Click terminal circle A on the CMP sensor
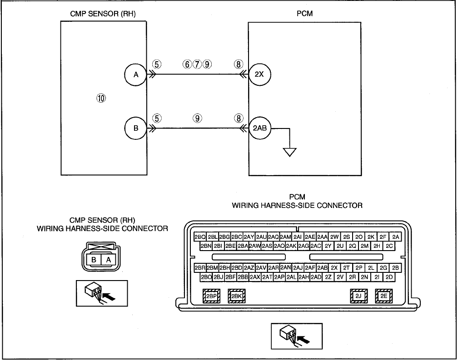[x=135, y=75]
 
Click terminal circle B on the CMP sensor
[x=135, y=128]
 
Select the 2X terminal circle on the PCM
[x=259, y=74]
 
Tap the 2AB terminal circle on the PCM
[x=260, y=128]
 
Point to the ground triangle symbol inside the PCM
[x=289, y=152]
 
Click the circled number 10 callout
[x=101, y=99]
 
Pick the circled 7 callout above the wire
[x=197, y=64]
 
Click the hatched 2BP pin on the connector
[x=211, y=296]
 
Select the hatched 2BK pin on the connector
[x=237, y=296]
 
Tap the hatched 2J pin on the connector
[x=358, y=296]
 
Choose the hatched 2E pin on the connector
[x=384, y=296]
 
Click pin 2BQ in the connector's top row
[x=200, y=237]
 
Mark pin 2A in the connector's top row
[x=395, y=237]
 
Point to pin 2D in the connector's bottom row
[x=389, y=277]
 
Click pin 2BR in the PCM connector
[x=200, y=268]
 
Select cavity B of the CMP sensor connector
[x=94, y=259]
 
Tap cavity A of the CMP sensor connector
[x=108, y=259]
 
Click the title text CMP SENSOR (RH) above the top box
[x=103, y=14]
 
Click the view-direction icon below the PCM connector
[x=297, y=336]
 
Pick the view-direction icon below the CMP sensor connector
[x=102, y=293]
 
